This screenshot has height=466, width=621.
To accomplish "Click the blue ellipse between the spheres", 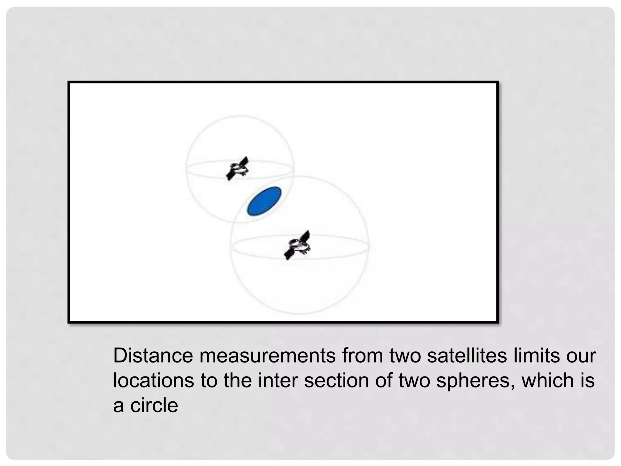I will pyautogui.click(x=264, y=201).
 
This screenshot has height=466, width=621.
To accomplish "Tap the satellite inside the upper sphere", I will pyautogui.click(x=238, y=169).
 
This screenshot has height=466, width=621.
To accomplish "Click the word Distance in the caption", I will pyautogui.click(x=153, y=356).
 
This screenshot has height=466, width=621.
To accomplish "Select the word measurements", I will pyautogui.click(x=267, y=356).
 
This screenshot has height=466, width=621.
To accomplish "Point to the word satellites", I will pyautogui.click(x=467, y=356).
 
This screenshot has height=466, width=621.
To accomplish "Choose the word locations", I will pyautogui.click(x=153, y=380).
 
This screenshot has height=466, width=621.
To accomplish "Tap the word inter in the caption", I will pyautogui.click(x=277, y=380).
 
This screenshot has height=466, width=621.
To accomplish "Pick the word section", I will pyautogui.click(x=336, y=380).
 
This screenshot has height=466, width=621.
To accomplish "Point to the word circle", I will pyautogui.click(x=154, y=405).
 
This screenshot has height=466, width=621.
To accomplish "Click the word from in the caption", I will pyautogui.click(x=363, y=356).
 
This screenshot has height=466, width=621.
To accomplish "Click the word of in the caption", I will pyautogui.click(x=384, y=380).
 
